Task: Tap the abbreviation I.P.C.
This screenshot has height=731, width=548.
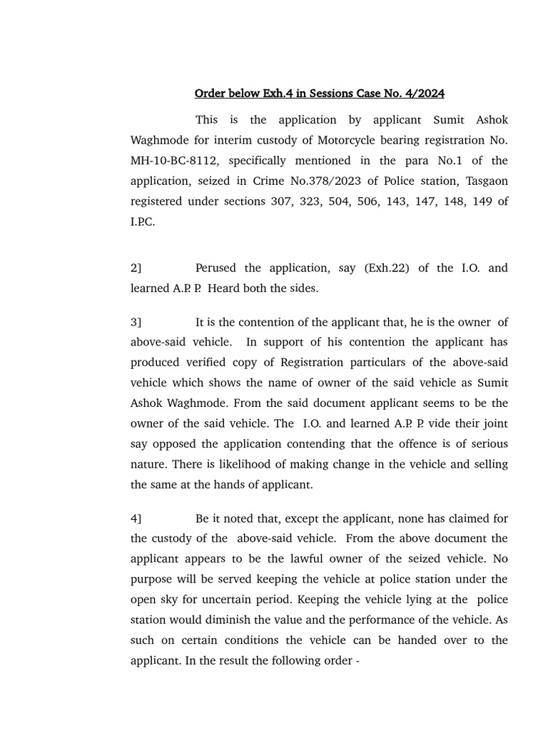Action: point(142,222)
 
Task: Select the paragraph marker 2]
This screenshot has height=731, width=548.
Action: point(136,268)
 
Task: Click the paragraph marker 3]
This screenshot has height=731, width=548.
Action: point(136,323)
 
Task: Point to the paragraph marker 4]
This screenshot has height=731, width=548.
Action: point(136,518)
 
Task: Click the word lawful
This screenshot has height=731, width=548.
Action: point(313,559)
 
